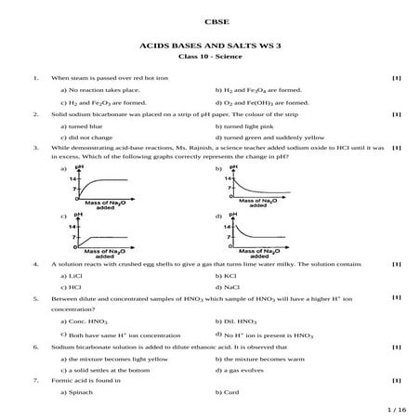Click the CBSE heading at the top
tap(209, 20)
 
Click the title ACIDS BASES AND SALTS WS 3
tap(209, 45)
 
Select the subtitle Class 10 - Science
tap(209, 58)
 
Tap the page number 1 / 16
tap(396, 408)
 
